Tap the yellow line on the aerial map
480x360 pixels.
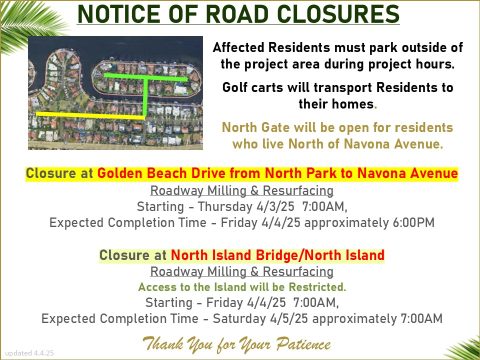[x=90, y=115]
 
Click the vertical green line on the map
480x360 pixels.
[x=145, y=96]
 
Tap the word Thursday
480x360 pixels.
[x=225, y=206]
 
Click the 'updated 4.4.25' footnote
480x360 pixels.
[x=29, y=353]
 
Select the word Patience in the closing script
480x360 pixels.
[x=303, y=344]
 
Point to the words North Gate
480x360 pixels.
[x=255, y=127]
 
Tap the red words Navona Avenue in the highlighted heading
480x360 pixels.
[x=407, y=173]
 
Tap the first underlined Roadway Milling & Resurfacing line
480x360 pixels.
[x=242, y=190]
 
